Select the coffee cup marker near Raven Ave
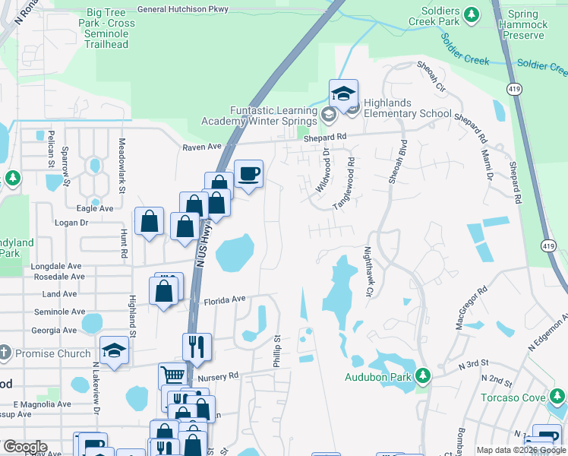point(248,174)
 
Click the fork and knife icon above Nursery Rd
point(197,346)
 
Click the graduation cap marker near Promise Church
point(114,350)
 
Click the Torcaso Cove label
point(513,397)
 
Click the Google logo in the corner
point(24,447)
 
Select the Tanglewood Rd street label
point(345,184)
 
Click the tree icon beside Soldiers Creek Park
point(472,14)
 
